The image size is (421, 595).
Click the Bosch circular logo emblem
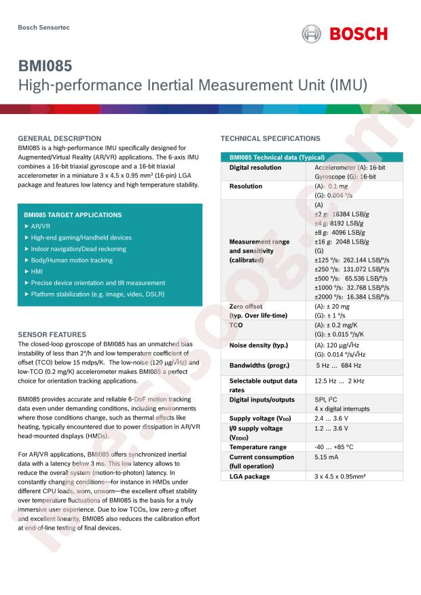coord(312,34)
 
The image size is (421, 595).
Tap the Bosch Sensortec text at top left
coord(43,27)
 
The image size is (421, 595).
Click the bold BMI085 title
coord(45,67)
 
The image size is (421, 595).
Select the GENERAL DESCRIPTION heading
coord(59,138)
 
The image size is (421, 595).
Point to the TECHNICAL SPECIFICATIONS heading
coord(270,138)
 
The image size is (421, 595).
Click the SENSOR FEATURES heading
coord(52,334)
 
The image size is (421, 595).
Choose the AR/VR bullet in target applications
coord(41,226)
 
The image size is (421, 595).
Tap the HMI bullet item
coord(37,271)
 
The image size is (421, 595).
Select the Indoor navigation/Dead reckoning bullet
coord(77,249)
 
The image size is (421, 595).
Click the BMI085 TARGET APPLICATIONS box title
coord(73,215)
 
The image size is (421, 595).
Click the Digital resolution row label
coord(255,167)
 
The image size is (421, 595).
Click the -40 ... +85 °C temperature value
coord(334,447)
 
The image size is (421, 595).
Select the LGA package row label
coord(249,476)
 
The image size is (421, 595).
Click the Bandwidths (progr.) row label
coord(259,365)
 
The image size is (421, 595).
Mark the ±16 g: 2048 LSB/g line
coord(342,242)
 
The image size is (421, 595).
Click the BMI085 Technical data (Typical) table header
coord(276,157)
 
